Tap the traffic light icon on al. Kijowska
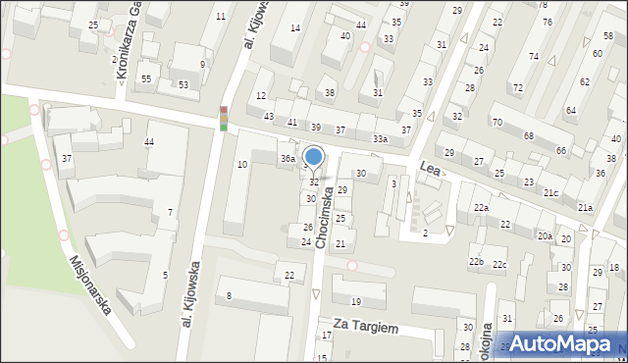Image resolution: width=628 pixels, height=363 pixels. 224,119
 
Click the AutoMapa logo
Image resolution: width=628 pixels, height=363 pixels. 565,344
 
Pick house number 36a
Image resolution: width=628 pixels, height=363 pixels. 288,158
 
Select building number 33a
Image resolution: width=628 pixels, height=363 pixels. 380,139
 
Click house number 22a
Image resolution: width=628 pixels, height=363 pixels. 481,208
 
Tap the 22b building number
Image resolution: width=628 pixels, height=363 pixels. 476,261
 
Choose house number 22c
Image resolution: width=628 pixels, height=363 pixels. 499,265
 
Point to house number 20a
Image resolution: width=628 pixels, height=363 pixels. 545,236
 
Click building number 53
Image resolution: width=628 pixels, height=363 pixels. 183,84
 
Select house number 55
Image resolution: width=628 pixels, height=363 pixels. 145,78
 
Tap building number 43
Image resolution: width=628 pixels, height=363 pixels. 269,117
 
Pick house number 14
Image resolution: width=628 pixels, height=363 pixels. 294,27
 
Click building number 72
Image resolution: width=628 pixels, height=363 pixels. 517,88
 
